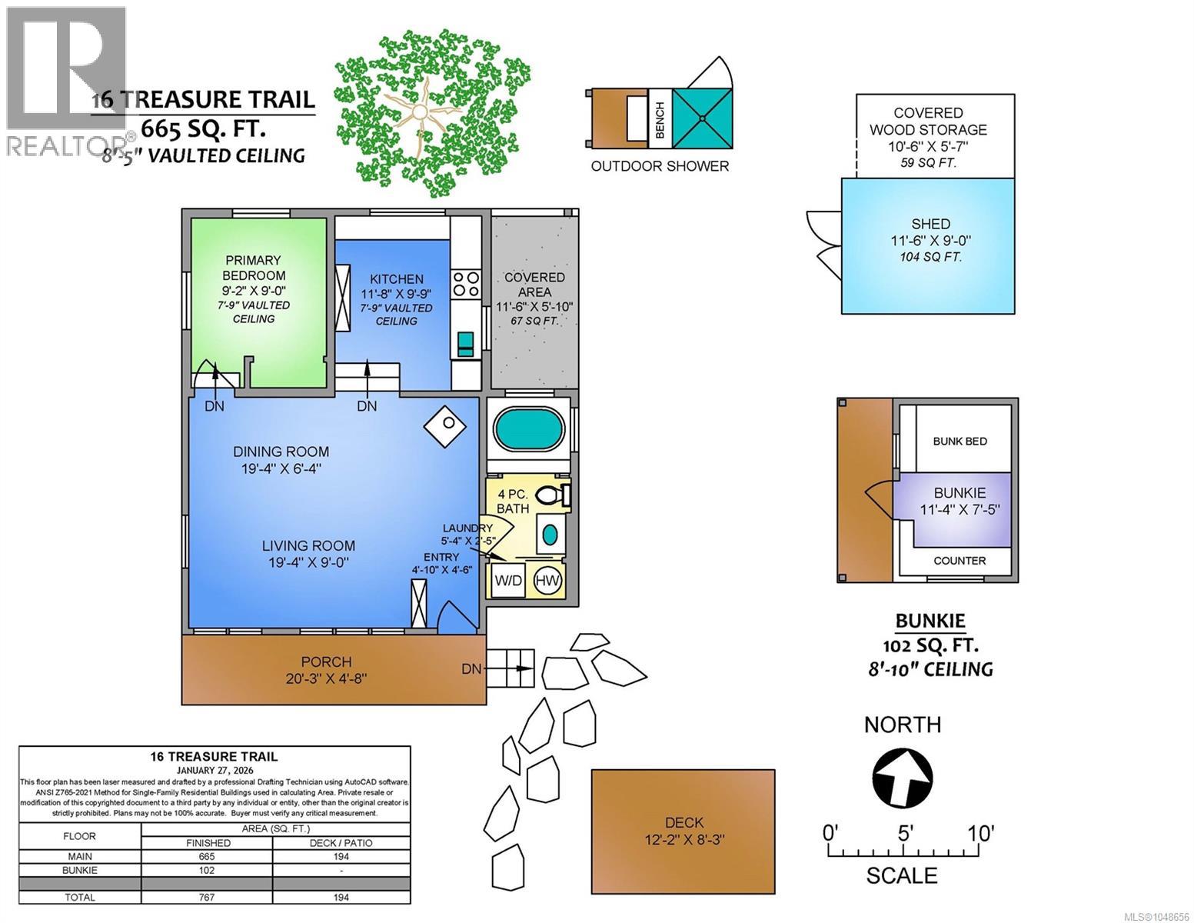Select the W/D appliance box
point(508,581)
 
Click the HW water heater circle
point(547,581)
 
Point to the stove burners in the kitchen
point(466,284)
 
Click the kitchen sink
point(465,344)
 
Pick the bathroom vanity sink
point(550,534)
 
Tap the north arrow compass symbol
point(903,778)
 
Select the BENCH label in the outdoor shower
point(660,120)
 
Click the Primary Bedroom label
point(253,268)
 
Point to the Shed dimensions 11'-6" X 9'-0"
point(930,240)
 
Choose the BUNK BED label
point(960,441)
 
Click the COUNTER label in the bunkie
point(960,561)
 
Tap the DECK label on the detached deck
point(684,823)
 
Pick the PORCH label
point(326,662)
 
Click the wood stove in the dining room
point(444,427)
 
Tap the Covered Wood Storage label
point(928,122)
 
